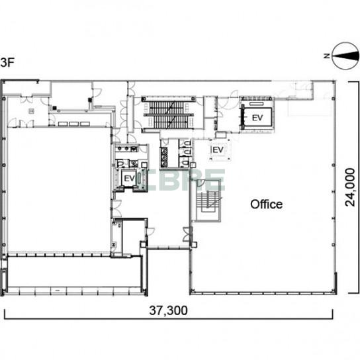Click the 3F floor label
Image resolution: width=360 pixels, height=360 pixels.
click(7, 62)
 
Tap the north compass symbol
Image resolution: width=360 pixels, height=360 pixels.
click(345, 56)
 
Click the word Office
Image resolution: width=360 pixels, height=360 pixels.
click(266, 204)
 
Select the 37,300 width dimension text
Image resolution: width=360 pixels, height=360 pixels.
click(168, 310)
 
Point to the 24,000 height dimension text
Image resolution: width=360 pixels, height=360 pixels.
click(350, 187)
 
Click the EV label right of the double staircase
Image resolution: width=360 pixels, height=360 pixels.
click(257, 118)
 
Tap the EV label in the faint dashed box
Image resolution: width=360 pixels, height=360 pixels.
click(218, 150)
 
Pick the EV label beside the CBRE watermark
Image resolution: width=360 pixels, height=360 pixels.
click(129, 179)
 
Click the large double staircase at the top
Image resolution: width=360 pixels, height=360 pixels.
click(169, 114)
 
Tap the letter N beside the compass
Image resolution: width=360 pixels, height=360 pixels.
click(327, 56)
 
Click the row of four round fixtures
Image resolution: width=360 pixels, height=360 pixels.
click(164, 157)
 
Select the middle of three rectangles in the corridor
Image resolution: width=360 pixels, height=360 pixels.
click(74, 124)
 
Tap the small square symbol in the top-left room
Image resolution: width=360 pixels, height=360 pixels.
click(32, 111)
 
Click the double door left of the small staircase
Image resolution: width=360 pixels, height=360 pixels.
click(187, 234)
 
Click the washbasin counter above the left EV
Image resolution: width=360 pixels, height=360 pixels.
click(126, 149)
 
